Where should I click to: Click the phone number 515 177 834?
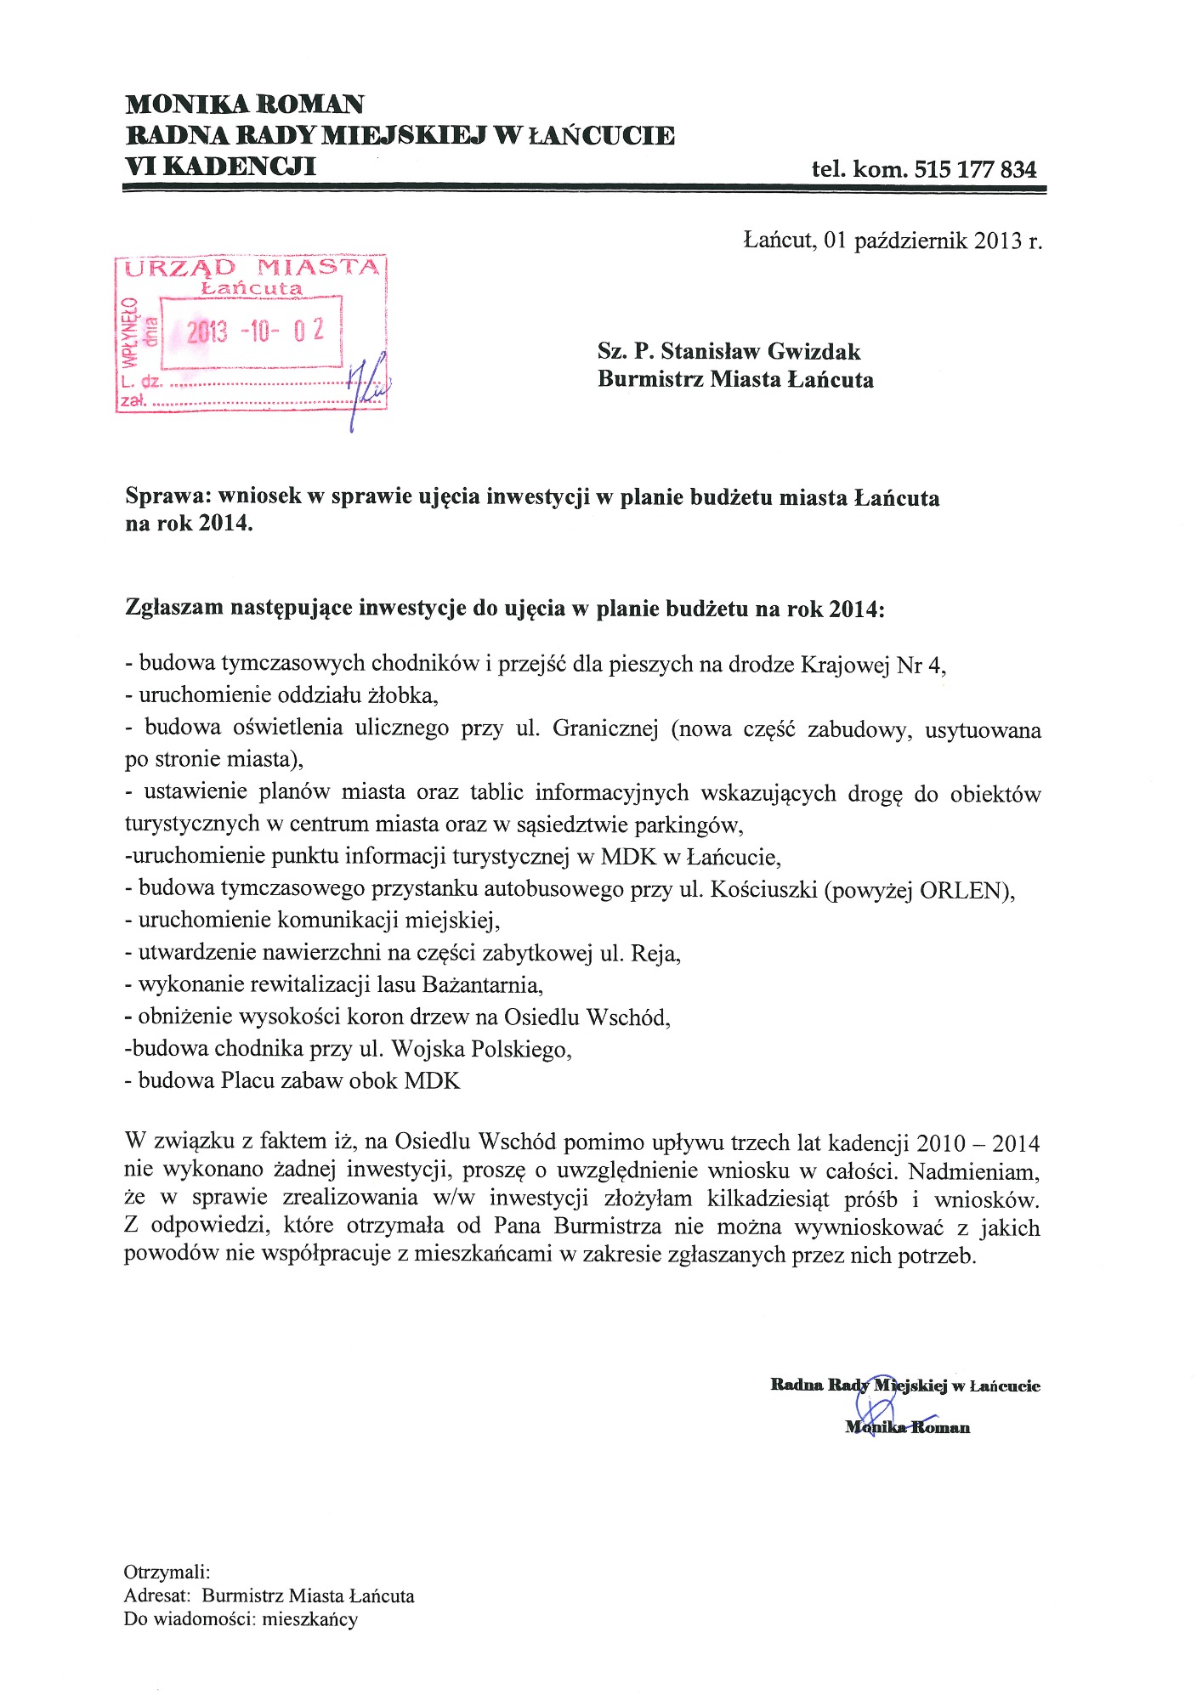point(975,169)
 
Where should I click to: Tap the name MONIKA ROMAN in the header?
point(245,105)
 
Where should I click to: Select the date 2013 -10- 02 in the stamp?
point(256,331)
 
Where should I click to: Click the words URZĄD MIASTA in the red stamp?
point(252,269)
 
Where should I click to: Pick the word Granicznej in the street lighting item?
point(605,729)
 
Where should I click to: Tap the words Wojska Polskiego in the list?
point(480,1050)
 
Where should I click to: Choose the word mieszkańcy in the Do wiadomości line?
point(310,1619)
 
